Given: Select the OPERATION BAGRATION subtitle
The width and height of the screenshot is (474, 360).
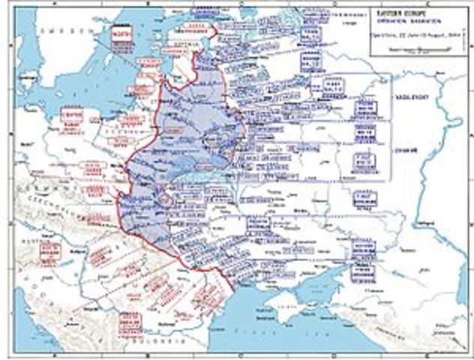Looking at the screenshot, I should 404,22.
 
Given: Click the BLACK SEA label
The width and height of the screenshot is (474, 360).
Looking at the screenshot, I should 300,330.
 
